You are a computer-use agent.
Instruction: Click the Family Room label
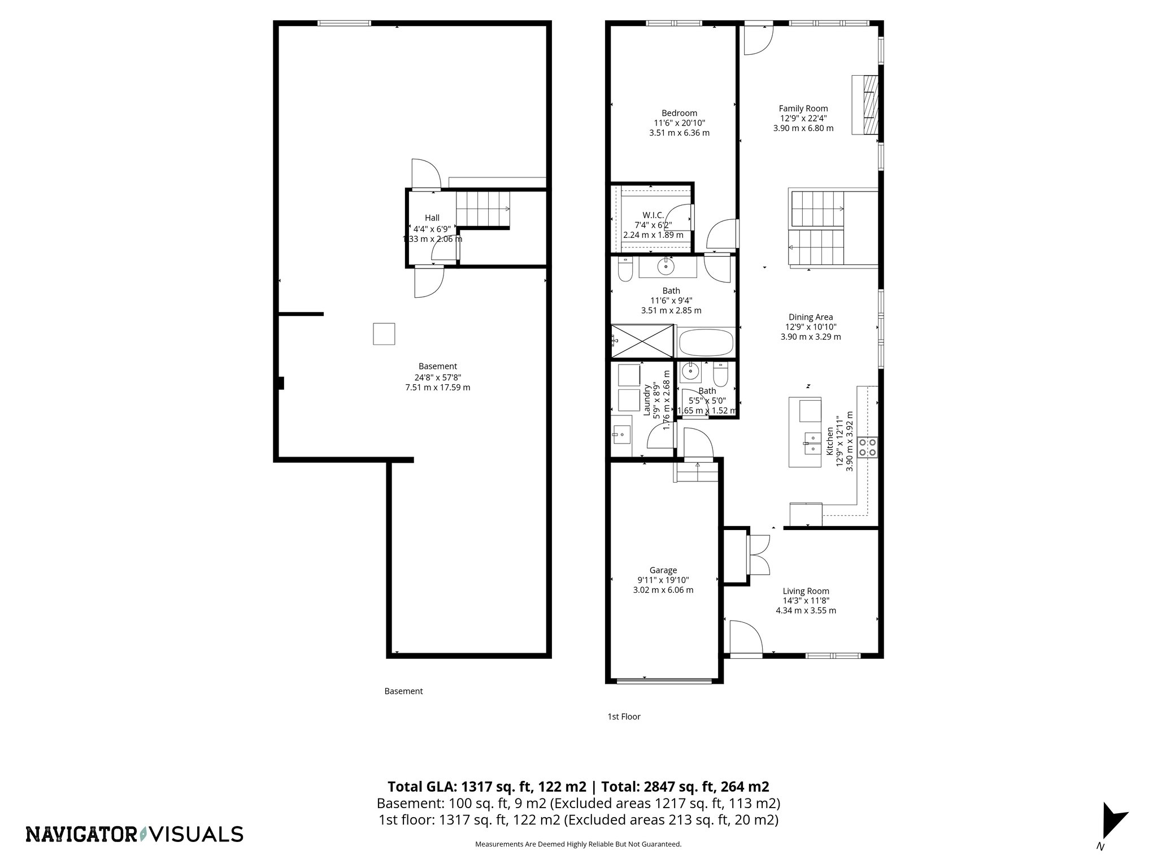click(x=803, y=108)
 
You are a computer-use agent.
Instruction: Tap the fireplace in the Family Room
click(x=866, y=105)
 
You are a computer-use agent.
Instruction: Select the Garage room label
click(x=663, y=570)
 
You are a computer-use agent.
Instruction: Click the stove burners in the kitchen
click(x=867, y=447)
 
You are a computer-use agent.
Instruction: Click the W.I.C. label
click(x=653, y=215)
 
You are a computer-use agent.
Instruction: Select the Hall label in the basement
click(x=432, y=218)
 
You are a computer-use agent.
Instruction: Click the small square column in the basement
click(x=384, y=334)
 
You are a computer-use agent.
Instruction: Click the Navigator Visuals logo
click(x=134, y=834)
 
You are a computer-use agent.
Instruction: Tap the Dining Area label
click(x=810, y=317)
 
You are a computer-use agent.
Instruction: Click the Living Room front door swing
click(x=745, y=637)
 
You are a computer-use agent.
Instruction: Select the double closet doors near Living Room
click(x=757, y=555)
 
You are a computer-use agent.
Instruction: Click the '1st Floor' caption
click(x=624, y=717)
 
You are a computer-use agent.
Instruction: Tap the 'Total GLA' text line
click(x=578, y=787)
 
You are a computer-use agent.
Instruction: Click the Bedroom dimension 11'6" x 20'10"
click(x=679, y=123)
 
